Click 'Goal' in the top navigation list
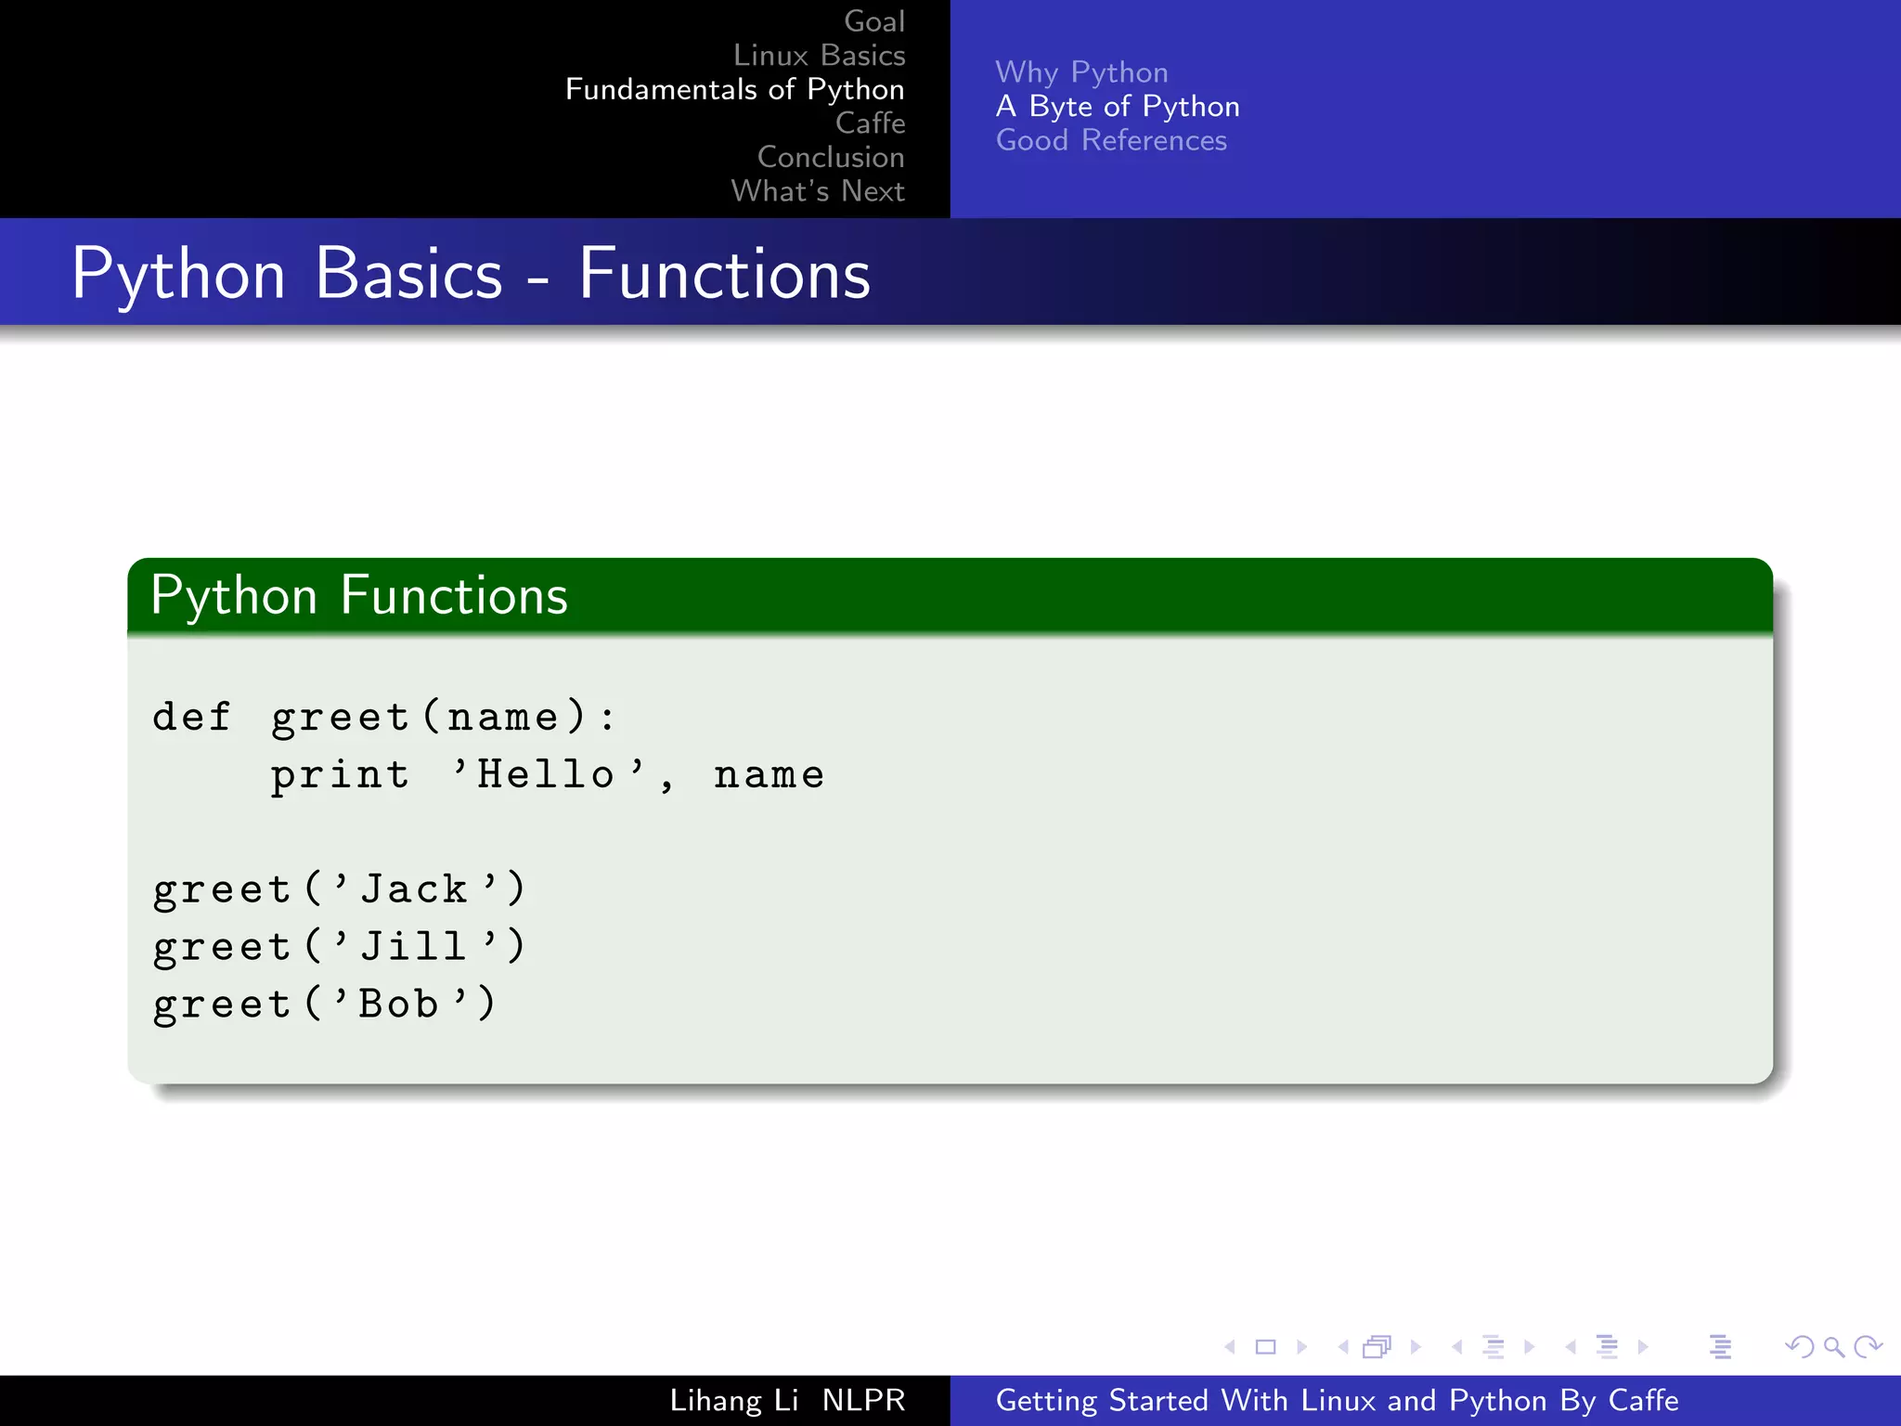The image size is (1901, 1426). point(873,21)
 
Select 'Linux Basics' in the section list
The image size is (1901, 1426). point(819,56)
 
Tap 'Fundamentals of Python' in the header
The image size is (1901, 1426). point(734,89)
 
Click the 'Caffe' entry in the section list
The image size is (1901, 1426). point(870,123)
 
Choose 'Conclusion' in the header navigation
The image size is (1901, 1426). point(831,157)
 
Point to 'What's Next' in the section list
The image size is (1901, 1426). point(817,191)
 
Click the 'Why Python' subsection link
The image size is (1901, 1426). point(1081,72)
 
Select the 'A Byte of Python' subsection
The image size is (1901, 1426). point(1118,107)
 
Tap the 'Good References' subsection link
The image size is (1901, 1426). point(1111,140)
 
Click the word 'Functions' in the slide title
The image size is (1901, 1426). point(724,275)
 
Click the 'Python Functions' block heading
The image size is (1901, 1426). point(359,596)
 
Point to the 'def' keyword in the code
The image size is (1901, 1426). point(191,717)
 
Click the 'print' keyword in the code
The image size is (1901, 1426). point(340,775)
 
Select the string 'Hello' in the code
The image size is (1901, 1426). point(546,775)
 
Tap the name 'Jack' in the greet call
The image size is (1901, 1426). point(414,889)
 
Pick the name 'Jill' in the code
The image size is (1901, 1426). point(414,947)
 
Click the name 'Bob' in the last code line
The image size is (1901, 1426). point(399,1005)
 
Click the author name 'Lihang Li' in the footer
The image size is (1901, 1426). point(733,1400)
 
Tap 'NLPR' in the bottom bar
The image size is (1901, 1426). point(863,1400)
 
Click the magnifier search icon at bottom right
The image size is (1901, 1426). point(1833,1346)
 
